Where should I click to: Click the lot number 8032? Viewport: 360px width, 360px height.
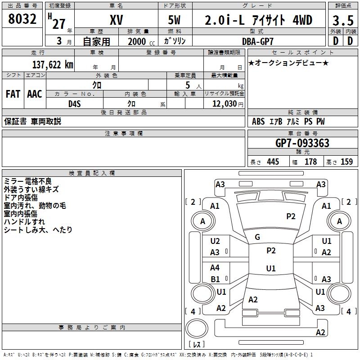click(x=22, y=20)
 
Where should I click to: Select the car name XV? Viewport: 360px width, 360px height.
click(x=117, y=20)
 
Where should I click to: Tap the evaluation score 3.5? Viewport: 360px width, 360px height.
click(x=342, y=21)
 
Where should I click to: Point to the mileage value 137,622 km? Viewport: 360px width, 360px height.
click(x=53, y=65)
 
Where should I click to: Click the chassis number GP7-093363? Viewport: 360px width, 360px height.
click(x=302, y=144)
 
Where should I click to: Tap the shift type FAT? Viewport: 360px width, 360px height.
click(x=13, y=94)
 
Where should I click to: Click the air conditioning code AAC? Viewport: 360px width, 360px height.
click(x=35, y=94)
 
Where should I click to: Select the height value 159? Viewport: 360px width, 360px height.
click(x=346, y=162)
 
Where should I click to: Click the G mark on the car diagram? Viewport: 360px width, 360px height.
click(x=257, y=237)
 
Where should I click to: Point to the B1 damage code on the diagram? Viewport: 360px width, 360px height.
click(x=215, y=279)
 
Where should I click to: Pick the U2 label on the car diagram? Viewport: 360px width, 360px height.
click(x=215, y=242)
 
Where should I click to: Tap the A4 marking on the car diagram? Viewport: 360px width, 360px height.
click(x=215, y=268)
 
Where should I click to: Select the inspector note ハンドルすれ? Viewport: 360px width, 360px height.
click(x=24, y=222)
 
